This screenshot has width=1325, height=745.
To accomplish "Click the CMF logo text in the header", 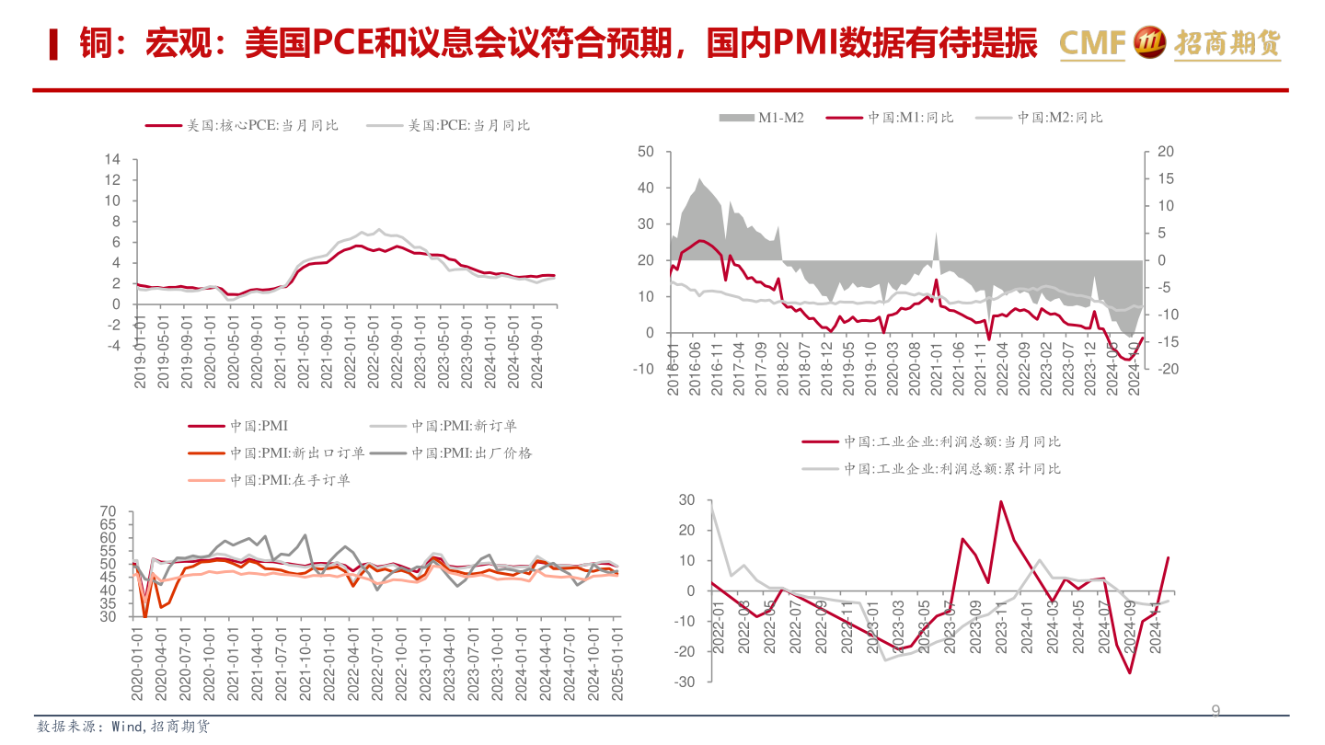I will point(1092,42).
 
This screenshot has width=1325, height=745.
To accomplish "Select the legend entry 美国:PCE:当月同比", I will point(468,125).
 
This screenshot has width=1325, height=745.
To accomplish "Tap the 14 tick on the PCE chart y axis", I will point(112,159).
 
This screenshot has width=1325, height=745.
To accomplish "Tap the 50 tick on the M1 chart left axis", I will point(645,152).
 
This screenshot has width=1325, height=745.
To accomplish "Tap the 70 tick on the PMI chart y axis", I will point(108,511).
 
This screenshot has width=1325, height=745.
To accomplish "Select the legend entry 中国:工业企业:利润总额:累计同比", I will point(952,468).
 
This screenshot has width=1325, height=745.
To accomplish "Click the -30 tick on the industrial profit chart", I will point(686,682).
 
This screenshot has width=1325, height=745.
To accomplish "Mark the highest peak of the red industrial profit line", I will point(1001,501).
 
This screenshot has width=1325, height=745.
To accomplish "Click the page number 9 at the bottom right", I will point(1216,711).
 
